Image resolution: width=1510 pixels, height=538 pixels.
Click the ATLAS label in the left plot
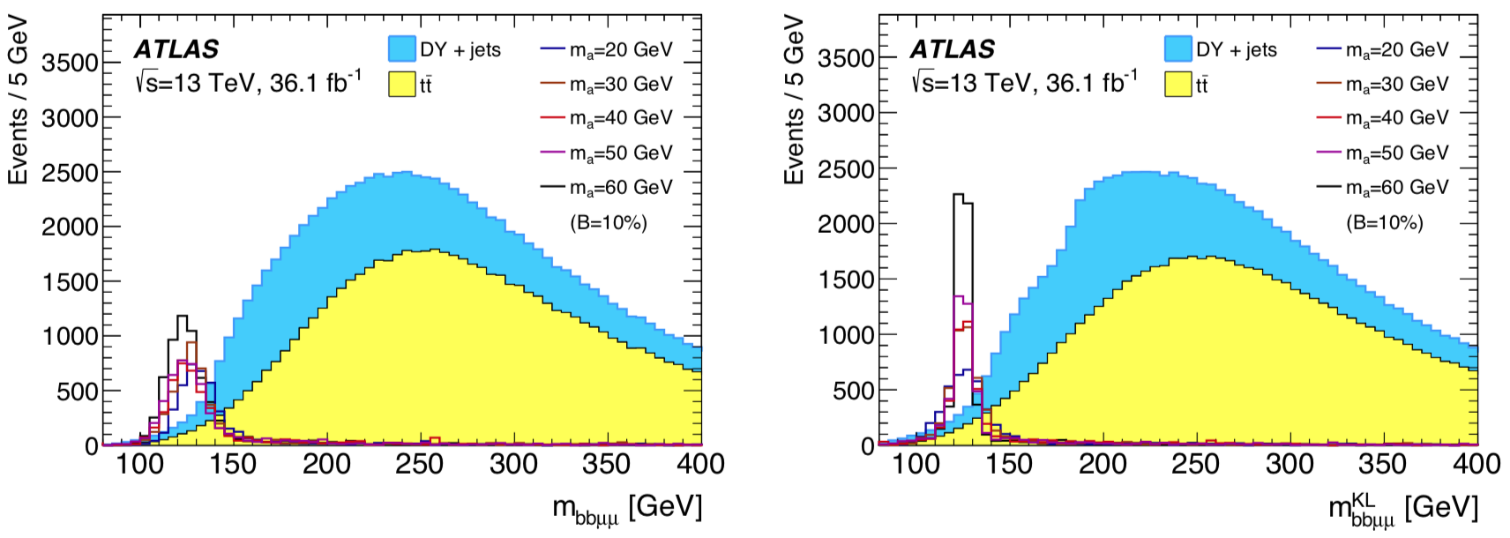pos(176,49)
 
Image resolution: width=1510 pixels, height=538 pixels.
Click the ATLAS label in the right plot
pos(953,49)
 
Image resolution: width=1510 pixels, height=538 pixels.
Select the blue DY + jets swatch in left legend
pos(402,49)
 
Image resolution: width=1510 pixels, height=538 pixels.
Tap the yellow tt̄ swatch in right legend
pos(1178,85)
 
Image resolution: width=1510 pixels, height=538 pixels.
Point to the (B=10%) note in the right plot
pos(1384,223)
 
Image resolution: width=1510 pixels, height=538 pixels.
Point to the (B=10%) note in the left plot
pos(608,223)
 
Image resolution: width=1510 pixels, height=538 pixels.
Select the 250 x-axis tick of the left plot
pos(420,464)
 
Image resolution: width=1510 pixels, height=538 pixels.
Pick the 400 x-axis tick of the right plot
pos(1476,464)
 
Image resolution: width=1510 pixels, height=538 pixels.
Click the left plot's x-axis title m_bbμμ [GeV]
pos(627,509)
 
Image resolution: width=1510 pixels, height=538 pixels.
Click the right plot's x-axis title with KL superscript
pos(1402,509)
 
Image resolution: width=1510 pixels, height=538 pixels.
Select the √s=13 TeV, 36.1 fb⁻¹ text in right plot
pos(1023,83)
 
